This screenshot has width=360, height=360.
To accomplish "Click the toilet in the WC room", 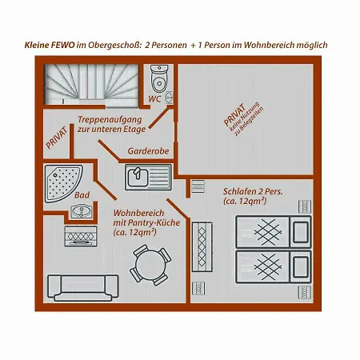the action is (159, 78).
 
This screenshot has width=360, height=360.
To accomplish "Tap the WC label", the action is (154, 99).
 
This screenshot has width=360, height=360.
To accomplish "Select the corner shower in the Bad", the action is (63, 183).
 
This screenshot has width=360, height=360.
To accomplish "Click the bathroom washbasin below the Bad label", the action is (82, 212).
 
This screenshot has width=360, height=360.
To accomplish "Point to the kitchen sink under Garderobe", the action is (148, 177).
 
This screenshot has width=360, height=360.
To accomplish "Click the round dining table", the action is (150, 266).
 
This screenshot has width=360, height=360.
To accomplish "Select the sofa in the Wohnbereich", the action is (83, 288).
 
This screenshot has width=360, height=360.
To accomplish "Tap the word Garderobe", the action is (148, 151).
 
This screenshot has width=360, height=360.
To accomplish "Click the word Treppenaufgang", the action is (110, 120).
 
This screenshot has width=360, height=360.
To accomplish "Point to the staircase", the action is (91, 85).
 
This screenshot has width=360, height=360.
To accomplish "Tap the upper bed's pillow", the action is (301, 232).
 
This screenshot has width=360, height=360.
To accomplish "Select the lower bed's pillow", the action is (301, 266).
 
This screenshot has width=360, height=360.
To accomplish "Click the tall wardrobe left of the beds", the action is (202, 246).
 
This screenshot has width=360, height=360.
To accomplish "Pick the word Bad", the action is (82, 195).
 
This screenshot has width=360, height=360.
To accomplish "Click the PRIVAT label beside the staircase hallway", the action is (56, 138).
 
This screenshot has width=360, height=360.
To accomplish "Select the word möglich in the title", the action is (312, 45).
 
